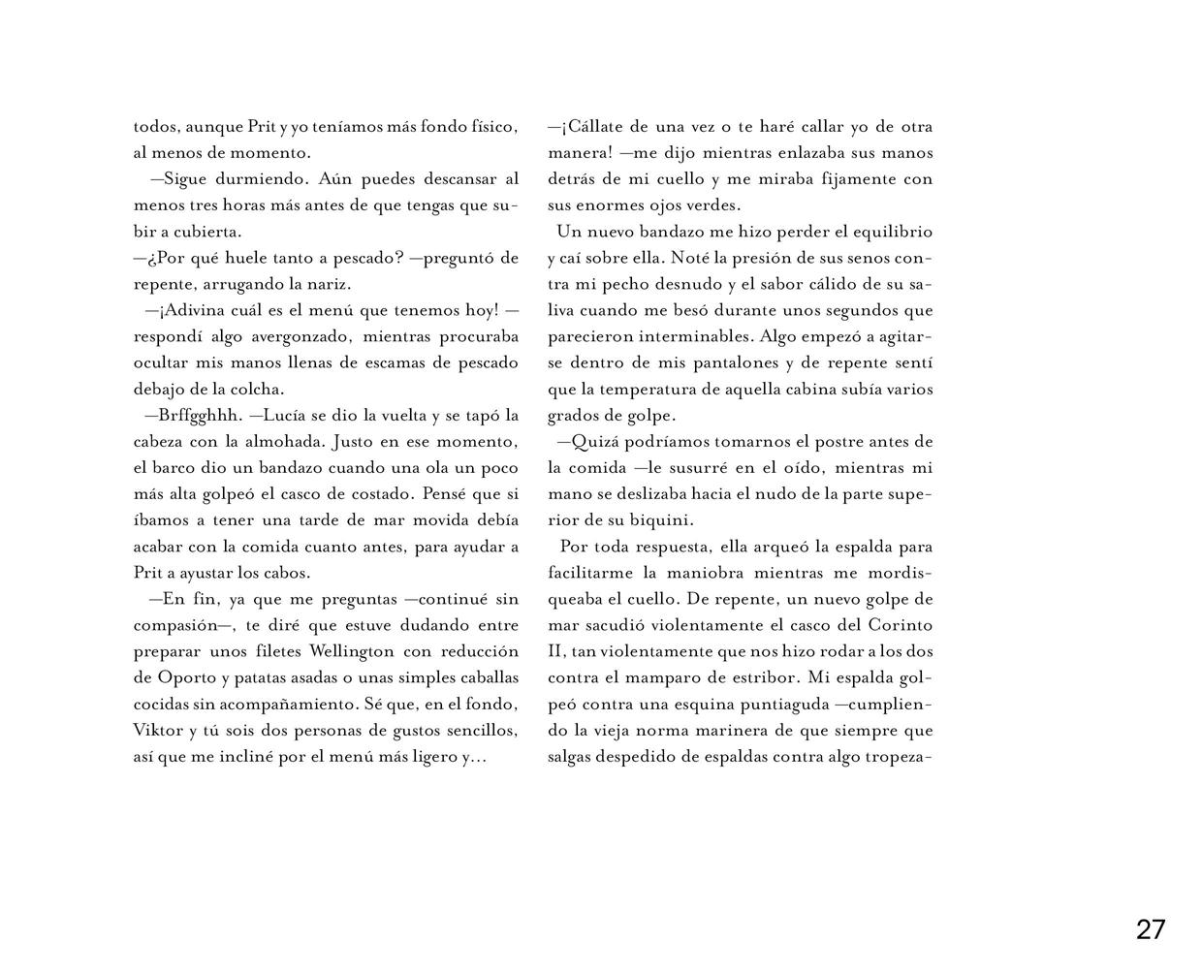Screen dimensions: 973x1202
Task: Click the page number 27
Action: [x=1151, y=930]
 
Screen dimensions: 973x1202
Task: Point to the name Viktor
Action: [x=156, y=730]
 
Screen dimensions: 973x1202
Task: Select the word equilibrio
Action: [x=887, y=232]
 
